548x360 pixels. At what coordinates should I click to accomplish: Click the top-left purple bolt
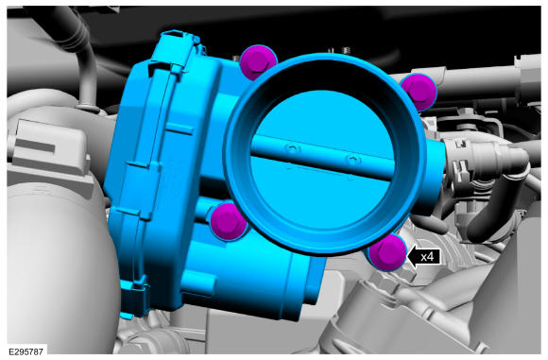pos(258,61)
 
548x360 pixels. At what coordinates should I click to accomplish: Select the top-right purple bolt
pos(420,92)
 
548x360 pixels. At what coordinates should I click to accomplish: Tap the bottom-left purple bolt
pos(228,222)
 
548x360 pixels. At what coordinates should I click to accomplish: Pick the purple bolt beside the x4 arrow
pos(387,252)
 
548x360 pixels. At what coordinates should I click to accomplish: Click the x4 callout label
pos(427,257)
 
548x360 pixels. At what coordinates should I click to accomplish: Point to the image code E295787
pos(26,351)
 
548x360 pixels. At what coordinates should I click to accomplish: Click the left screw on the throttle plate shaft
pos(293,148)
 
